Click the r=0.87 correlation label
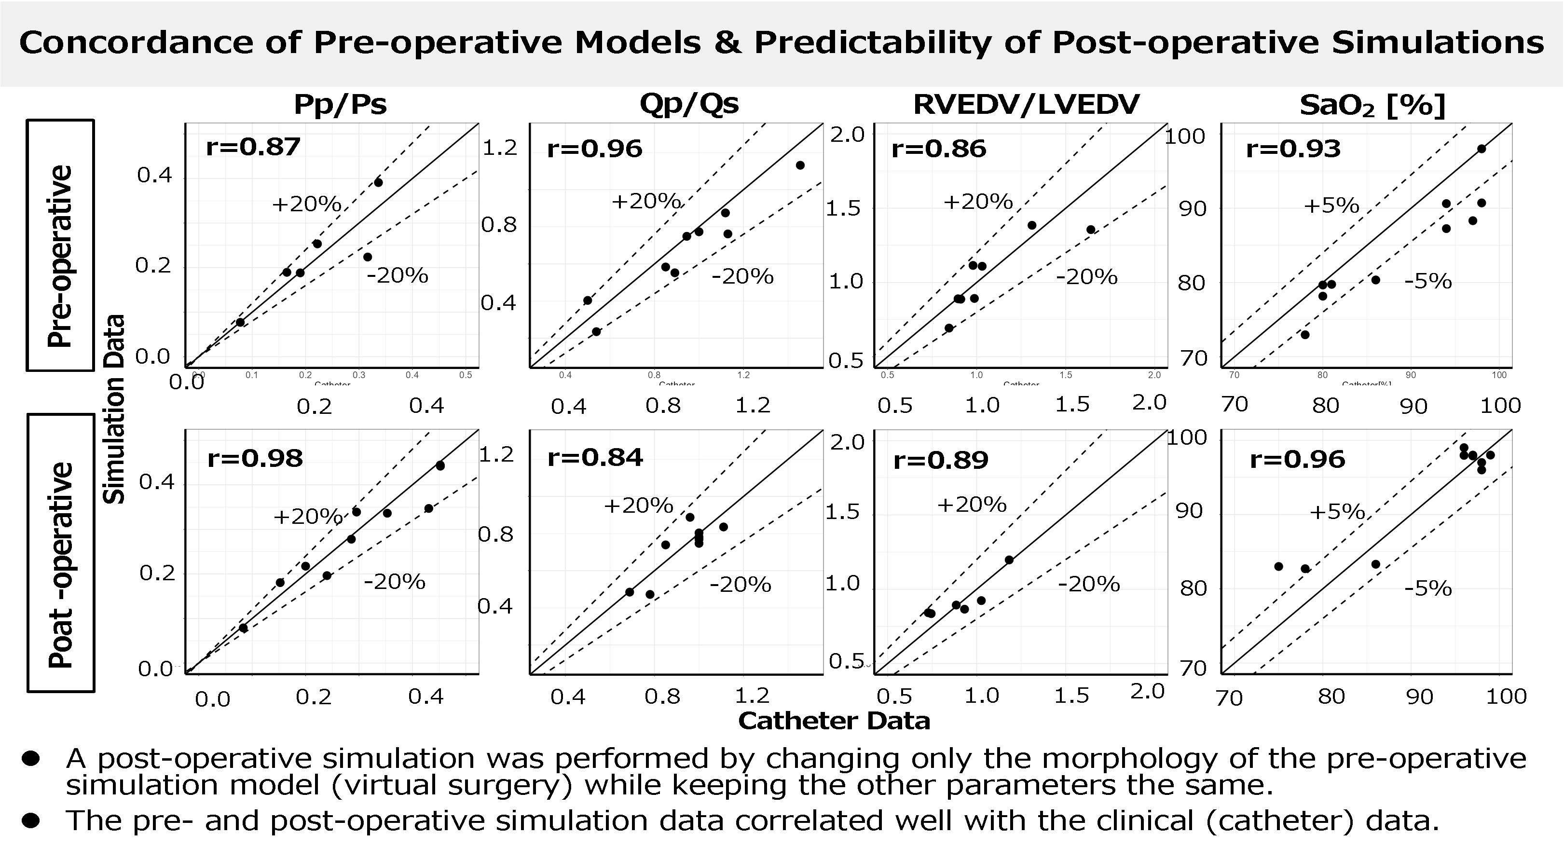(253, 148)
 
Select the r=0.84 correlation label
(594, 458)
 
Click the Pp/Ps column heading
(340, 105)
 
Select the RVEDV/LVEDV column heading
(1026, 105)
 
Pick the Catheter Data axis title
(834, 721)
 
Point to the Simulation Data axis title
(114, 409)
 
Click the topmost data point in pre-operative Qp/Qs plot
(800, 165)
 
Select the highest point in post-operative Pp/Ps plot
(440, 465)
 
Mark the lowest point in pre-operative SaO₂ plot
(1305, 335)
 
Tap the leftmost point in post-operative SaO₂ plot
(1278, 566)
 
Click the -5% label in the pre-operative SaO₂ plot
(1428, 282)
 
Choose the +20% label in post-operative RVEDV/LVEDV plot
(972, 505)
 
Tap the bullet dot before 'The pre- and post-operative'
(30, 821)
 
